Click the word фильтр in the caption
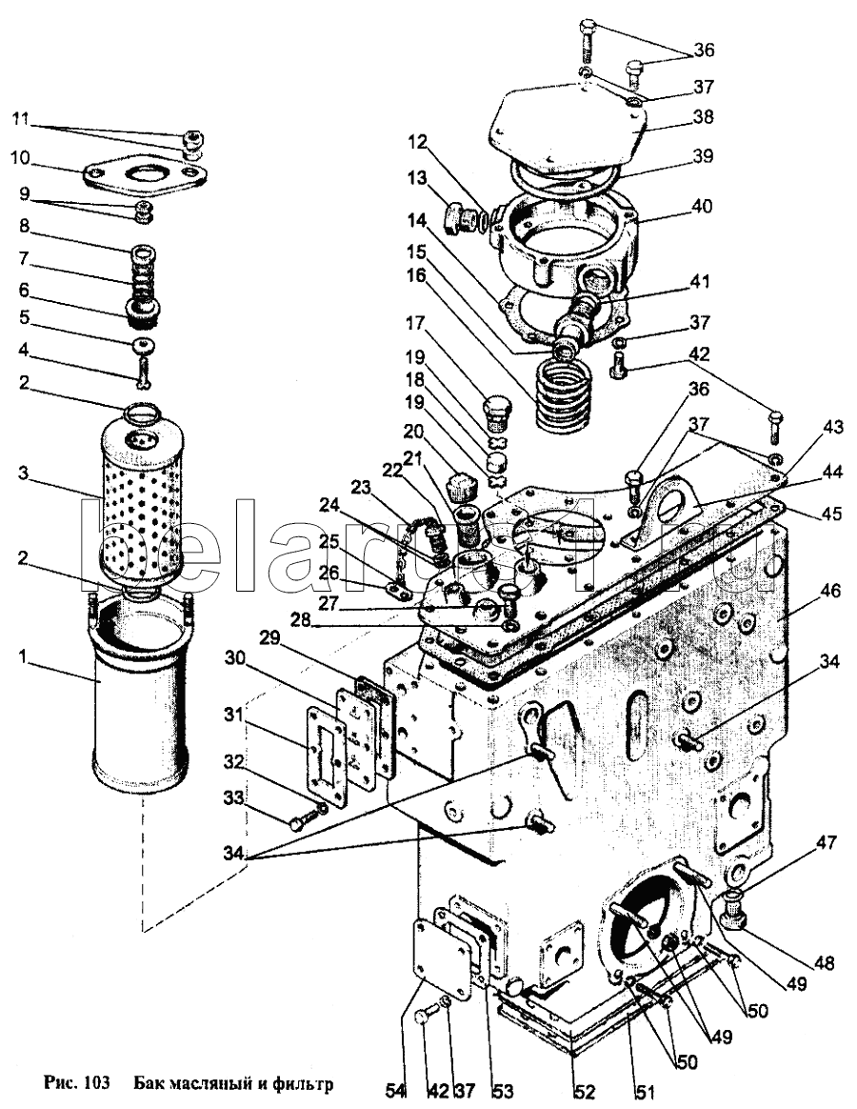(307, 1083)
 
